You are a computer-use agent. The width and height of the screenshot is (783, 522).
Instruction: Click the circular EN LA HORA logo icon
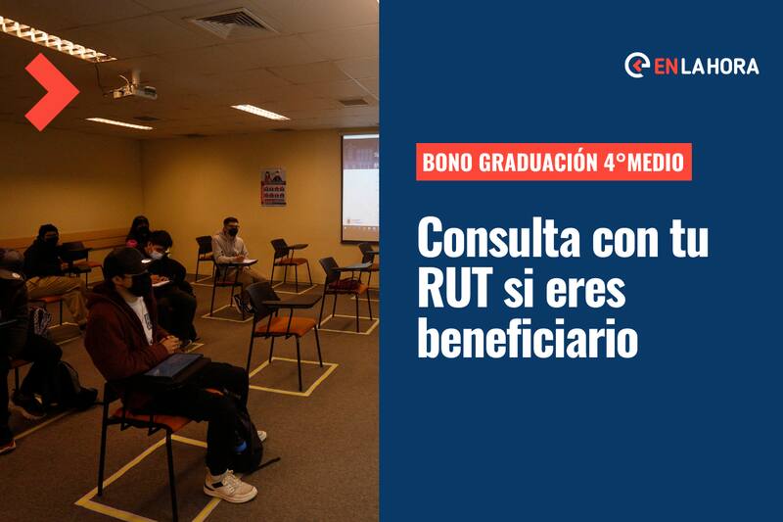(x=637, y=66)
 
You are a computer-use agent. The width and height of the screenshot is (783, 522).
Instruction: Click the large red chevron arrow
(x=52, y=92)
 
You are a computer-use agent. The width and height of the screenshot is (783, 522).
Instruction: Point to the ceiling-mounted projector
(x=132, y=88)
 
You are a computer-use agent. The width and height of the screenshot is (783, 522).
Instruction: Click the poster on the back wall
(x=273, y=187)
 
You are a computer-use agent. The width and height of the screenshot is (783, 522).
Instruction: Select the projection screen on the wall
(x=360, y=187)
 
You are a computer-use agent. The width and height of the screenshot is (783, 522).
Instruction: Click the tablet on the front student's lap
(x=173, y=364)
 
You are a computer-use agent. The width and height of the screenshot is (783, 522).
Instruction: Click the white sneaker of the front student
(x=230, y=485)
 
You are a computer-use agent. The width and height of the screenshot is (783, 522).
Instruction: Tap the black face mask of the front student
(x=139, y=285)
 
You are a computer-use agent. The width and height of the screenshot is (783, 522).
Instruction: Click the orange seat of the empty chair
(x=285, y=326)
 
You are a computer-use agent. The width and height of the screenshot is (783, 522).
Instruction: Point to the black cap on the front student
(x=125, y=259)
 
